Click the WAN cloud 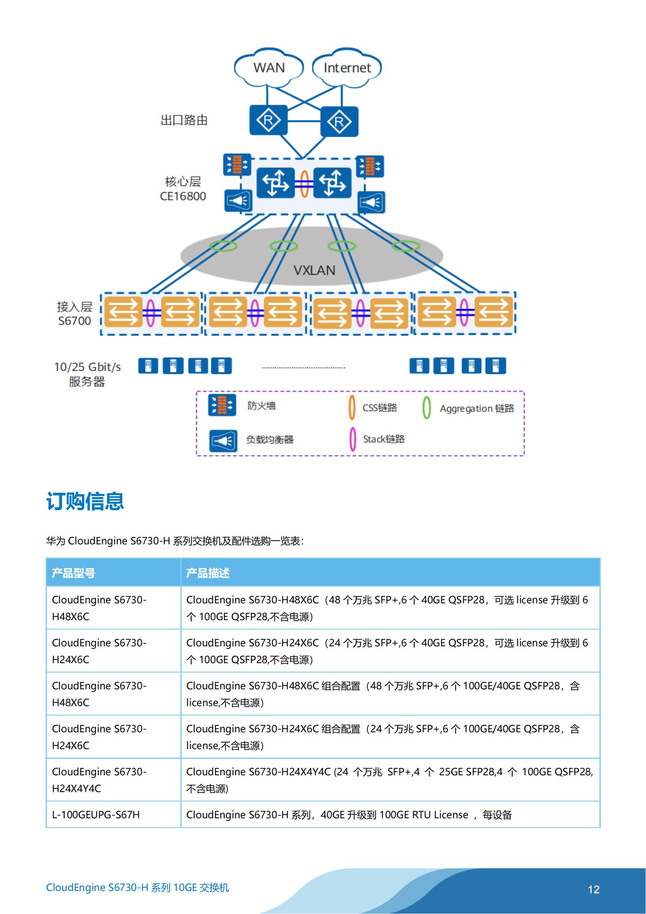(269, 68)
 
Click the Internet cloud (347, 68)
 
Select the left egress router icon (268, 120)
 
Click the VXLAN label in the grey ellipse (314, 271)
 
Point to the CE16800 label (183, 196)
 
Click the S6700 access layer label (74, 321)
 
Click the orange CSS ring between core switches (304, 184)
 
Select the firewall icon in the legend (222, 405)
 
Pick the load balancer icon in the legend (223, 441)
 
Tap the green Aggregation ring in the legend (427, 408)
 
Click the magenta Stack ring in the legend (352, 439)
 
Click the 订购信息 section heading (85, 501)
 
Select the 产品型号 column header (73, 573)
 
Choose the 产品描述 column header (208, 573)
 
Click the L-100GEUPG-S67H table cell (96, 815)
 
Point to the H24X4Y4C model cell (99, 780)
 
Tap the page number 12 (594, 890)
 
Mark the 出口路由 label (184, 120)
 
